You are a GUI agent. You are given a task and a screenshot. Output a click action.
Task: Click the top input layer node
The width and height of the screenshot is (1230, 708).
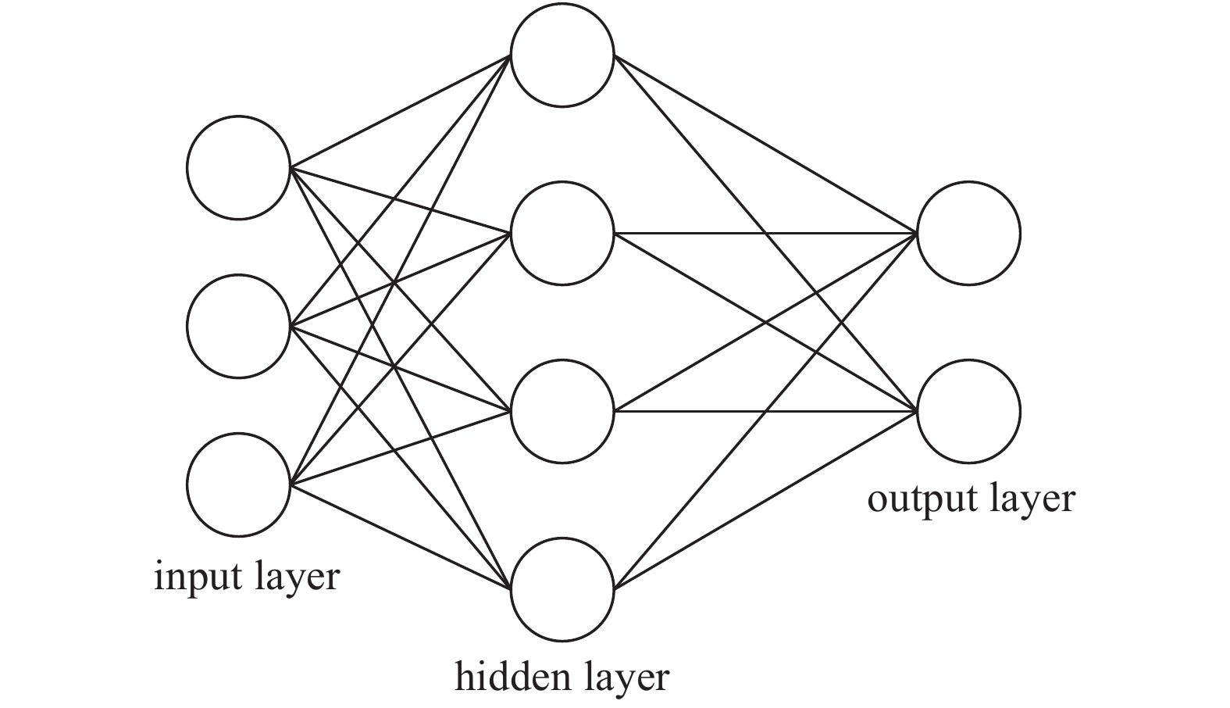[238, 166]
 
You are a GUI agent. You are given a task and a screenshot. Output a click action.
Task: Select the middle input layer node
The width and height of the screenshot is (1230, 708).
[238, 325]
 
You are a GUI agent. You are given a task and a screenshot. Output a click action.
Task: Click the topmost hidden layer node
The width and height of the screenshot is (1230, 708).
[562, 55]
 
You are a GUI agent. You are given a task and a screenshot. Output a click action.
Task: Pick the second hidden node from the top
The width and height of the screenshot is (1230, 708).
[562, 233]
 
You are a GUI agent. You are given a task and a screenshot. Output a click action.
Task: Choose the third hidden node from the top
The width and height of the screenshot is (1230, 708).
[562, 411]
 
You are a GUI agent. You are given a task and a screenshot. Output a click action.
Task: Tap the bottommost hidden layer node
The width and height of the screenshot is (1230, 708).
[562, 588]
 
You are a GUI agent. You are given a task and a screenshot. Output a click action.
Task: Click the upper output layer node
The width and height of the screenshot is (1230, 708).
[968, 233]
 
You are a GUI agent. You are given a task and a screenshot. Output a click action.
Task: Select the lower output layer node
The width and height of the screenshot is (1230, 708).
[968, 411]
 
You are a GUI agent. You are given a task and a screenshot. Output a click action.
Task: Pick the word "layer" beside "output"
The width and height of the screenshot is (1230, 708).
[1032, 499]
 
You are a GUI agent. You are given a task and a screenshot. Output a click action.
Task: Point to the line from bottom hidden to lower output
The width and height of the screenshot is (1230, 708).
[765, 500]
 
